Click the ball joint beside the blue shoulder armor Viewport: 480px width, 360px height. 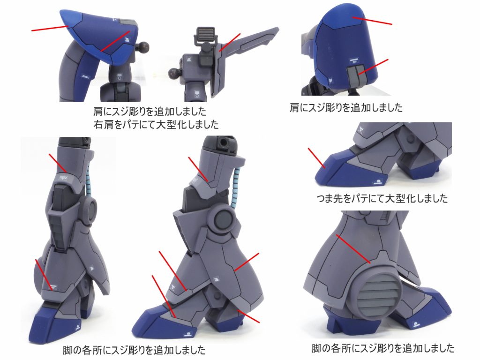point(142,46)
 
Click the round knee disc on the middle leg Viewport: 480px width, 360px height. point(223,220)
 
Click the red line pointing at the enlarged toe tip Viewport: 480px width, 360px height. point(317,158)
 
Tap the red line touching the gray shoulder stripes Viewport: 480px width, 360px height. point(374,67)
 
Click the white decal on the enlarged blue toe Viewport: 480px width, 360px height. point(377,182)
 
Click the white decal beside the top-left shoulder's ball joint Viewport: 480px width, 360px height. point(127,39)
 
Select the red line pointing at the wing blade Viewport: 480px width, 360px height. point(230,42)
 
